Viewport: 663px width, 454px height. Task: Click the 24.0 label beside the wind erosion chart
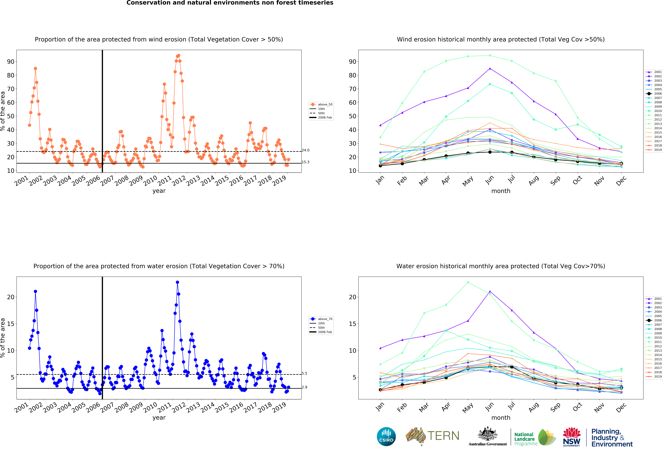pos(306,150)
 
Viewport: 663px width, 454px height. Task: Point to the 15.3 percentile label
pos(306,162)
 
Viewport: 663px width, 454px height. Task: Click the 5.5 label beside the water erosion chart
pos(304,373)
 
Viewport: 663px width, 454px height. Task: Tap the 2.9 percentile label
pos(304,387)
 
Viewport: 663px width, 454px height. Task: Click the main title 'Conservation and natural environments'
pos(230,3)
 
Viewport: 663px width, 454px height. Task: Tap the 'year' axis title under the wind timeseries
pos(159,191)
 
